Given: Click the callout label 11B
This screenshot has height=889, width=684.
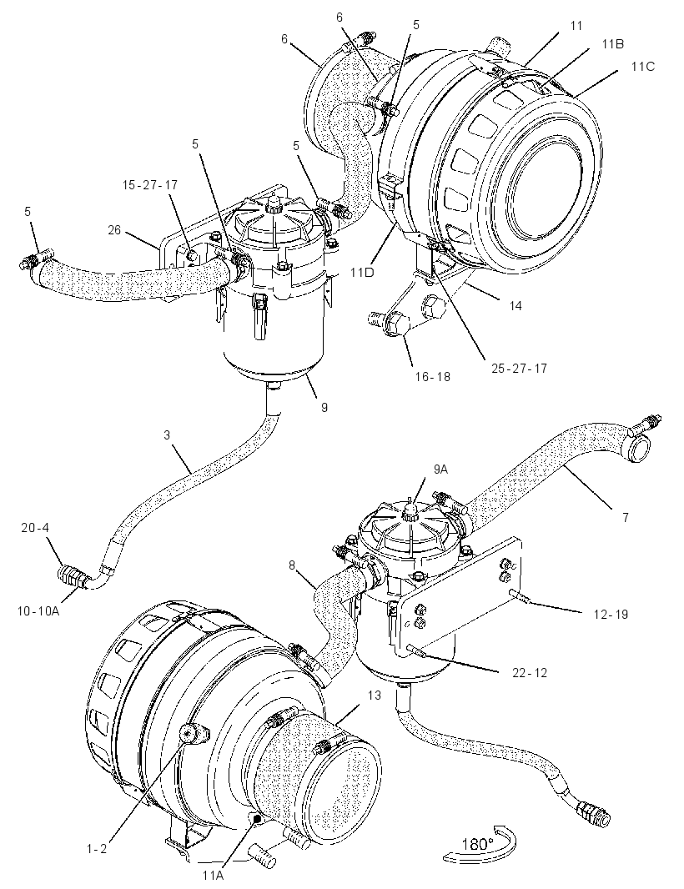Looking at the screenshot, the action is (x=612, y=44).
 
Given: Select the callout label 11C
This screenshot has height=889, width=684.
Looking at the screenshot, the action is (x=642, y=67).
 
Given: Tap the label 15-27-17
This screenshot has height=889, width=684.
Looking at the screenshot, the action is (x=150, y=185).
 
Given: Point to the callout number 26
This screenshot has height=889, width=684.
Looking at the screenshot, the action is (x=114, y=230).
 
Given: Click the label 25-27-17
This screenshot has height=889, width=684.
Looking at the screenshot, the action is (x=519, y=368).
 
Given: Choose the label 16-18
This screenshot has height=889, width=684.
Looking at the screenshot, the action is (x=433, y=376).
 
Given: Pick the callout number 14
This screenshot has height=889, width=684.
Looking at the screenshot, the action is (x=515, y=305).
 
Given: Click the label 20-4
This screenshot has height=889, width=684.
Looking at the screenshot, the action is (x=35, y=528).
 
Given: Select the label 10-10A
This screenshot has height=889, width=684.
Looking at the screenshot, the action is (x=38, y=610).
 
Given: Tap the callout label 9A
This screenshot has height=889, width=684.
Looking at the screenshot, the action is (x=440, y=469).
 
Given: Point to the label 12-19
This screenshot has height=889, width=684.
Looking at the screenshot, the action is (x=611, y=614).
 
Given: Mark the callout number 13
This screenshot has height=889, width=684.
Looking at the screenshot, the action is (x=374, y=695).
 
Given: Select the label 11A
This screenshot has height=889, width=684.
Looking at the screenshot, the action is (x=213, y=875).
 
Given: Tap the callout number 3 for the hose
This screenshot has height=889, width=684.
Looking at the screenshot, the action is (x=167, y=434).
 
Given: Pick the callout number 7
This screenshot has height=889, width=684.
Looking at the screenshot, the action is (x=626, y=517).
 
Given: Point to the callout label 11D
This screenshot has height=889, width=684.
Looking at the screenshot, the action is (x=362, y=273).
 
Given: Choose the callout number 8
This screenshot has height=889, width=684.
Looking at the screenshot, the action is (x=291, y=565).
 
